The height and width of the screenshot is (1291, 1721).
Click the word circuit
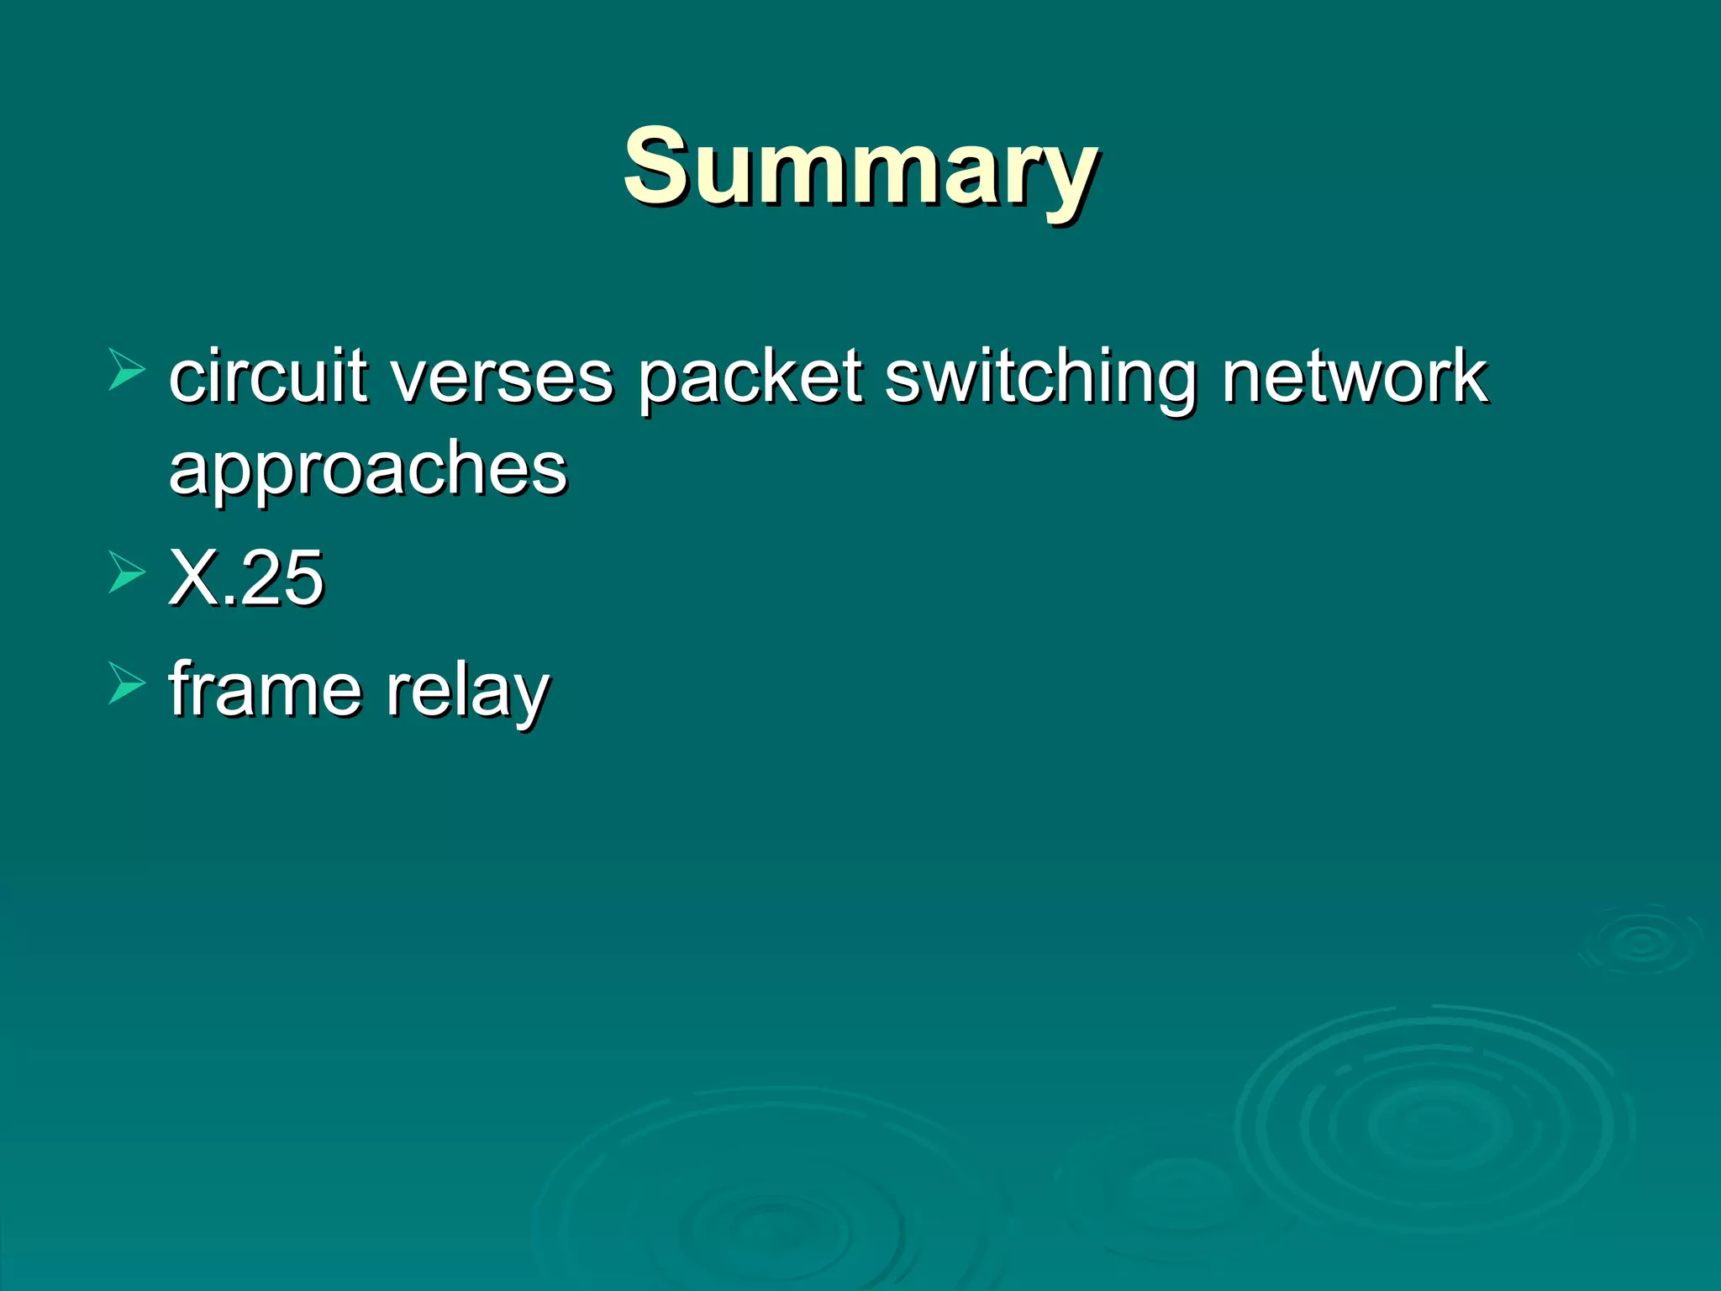[x=268, y=376]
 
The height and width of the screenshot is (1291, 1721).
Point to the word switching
[x=1040, y=377]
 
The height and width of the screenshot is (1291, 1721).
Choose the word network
[x=1355, y=376]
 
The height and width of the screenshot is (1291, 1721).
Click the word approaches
[x=368, y=469]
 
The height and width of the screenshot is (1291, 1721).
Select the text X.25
[x=246, y=577]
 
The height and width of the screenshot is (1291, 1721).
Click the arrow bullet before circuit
[x=127, y=371]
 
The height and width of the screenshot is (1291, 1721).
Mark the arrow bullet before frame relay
[x=127, y=682]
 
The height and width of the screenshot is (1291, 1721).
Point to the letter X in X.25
[x=195, y=577]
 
